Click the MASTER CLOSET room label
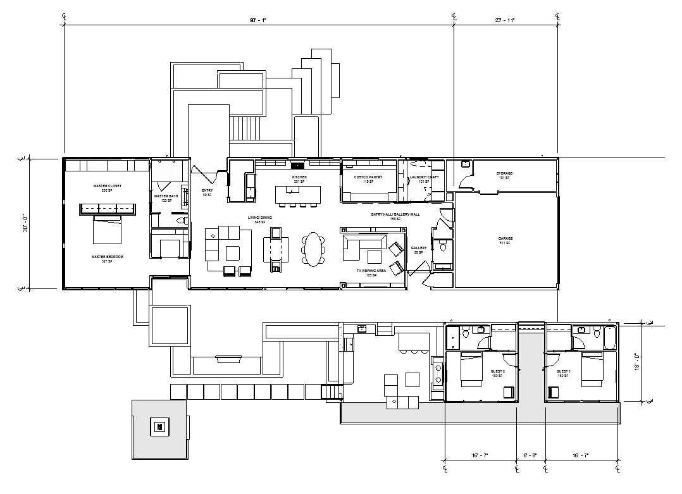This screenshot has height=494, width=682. coord(107,186)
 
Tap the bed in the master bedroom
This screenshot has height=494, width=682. coord(107,230)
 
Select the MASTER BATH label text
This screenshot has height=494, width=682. coord(166,197)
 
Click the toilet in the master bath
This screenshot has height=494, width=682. coord(182,221)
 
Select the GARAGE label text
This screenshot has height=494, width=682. coord(505,238)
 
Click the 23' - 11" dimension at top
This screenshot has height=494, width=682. coord(505,20)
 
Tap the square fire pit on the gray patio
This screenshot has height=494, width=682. coord(159,426)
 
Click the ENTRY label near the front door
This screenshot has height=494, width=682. coord(207,190)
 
